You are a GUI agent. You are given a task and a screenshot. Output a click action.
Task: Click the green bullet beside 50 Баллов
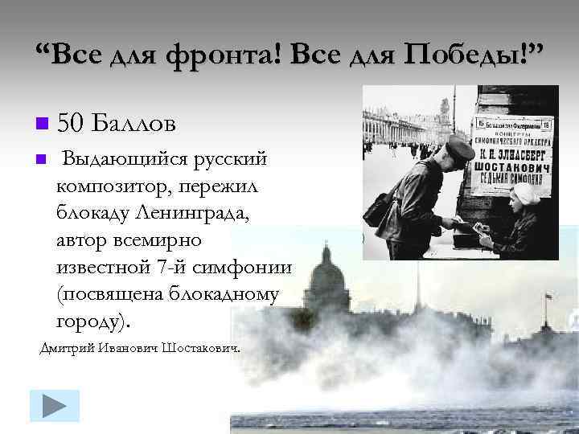(42, 124)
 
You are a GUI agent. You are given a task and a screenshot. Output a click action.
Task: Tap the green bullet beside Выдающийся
(41, 158)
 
